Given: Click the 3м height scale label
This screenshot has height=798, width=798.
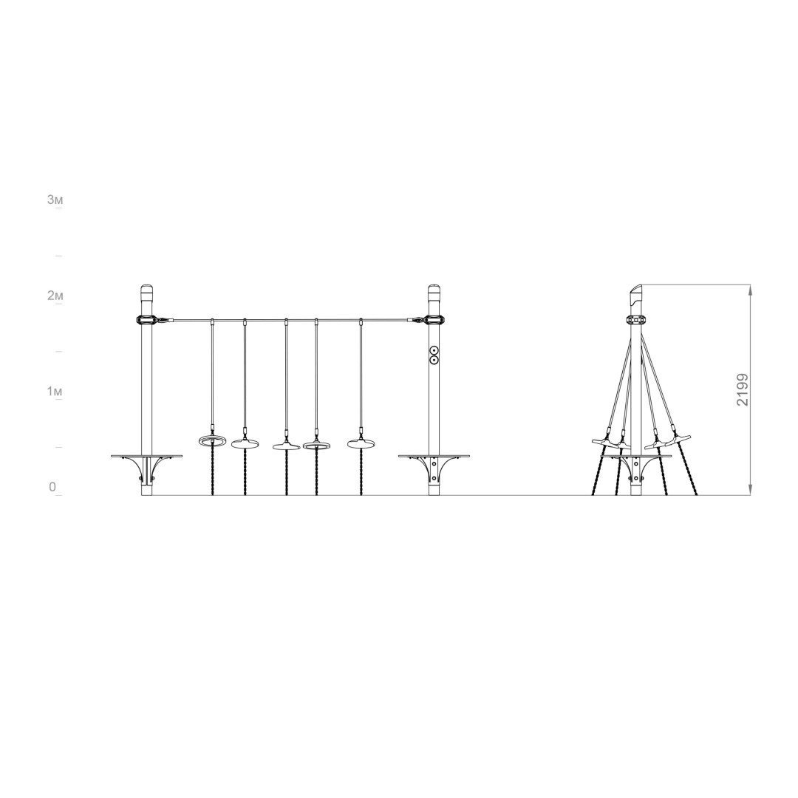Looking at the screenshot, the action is point(55,200).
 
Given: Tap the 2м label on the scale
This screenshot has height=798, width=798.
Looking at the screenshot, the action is point(55,296).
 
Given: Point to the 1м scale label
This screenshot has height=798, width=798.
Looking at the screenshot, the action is point(55,392).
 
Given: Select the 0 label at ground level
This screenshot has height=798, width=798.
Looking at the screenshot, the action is point(52,487).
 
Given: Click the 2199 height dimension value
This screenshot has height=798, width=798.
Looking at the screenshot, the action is point(743,390).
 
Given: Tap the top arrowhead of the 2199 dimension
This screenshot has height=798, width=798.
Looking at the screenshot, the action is point(751,289).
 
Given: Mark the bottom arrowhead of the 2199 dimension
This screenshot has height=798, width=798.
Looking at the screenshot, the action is point(751,490).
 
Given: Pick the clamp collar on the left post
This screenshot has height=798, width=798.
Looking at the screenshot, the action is point(146,320).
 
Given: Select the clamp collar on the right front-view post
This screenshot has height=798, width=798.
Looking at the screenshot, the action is point(434,320).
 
